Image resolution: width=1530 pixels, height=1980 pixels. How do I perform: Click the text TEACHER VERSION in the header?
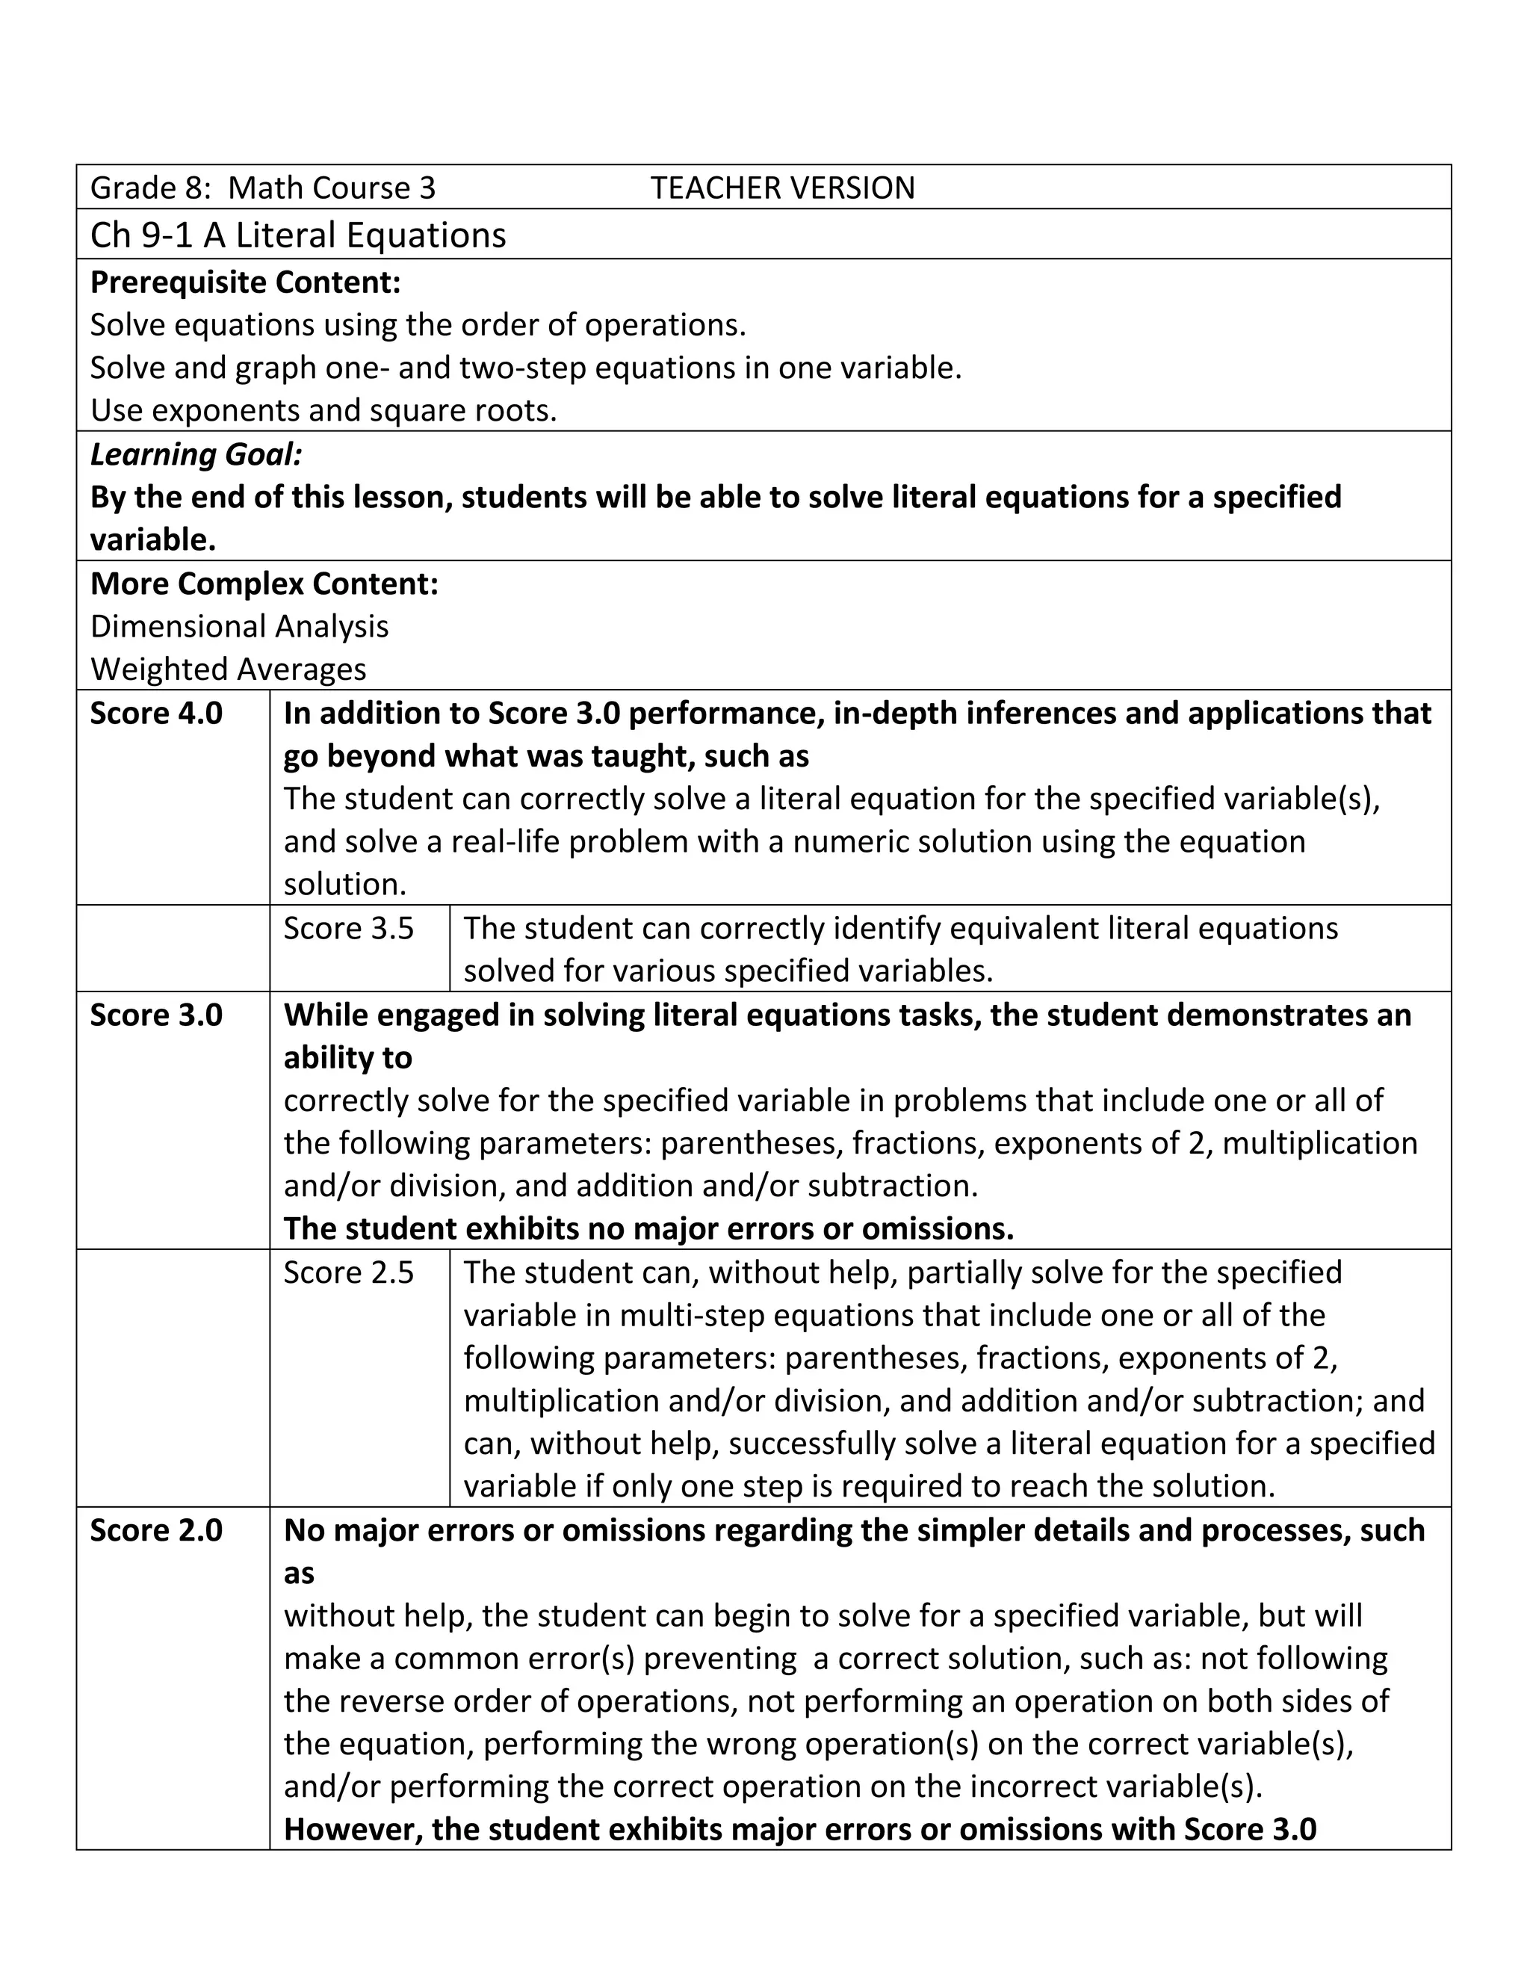[782, 188]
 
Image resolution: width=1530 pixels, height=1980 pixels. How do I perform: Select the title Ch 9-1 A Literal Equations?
[298, 235]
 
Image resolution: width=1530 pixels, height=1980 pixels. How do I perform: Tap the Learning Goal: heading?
[196, 454]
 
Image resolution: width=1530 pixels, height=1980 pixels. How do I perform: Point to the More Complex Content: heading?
[264, 583]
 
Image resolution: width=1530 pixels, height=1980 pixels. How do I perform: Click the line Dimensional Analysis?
[239, 625]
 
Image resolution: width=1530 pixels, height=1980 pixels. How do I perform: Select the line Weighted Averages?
[229, 669]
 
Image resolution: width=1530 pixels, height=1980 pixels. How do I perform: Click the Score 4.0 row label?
[156, 713]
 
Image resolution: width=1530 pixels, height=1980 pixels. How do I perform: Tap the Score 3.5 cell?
[349, 927]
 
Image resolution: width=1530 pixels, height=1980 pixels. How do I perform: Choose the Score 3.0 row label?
[156, 1015]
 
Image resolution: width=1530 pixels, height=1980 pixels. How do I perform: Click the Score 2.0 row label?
[156, 1529]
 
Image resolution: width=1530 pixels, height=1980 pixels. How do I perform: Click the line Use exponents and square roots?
[323, 411]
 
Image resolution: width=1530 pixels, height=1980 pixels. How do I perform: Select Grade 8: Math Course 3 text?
[263, 188]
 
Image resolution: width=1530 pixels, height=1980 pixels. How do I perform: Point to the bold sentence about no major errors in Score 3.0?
[648, 1228]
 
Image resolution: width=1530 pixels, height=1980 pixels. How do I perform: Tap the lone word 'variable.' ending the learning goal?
[153, 539]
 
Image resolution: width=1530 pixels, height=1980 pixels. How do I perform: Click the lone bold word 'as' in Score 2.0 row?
[299, 1573]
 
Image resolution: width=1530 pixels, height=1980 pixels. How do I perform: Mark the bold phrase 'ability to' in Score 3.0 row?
[348, 1057]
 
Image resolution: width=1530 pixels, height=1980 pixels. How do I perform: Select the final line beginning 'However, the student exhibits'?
[799, 1830]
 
